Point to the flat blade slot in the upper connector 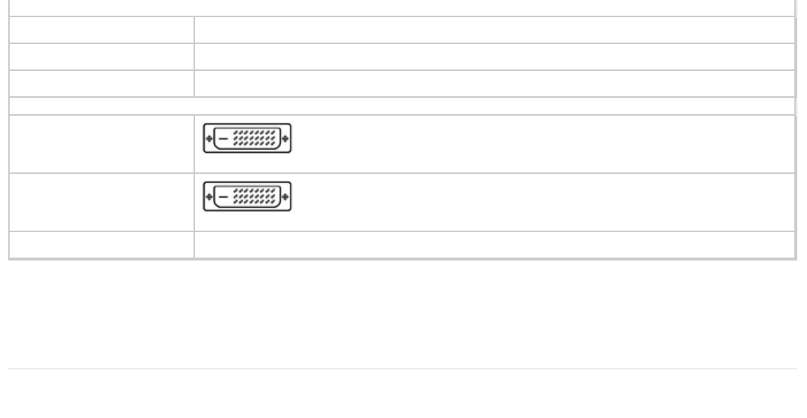[223, 139]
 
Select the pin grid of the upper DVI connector [256, 139]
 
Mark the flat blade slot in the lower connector [223, 197]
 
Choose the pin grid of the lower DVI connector [256, 197]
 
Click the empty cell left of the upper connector [102, 143]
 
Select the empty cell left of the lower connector [102, 202]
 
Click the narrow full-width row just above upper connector [402, 106]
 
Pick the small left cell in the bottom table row [102, 245]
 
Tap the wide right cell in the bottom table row [494, 245]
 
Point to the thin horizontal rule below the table [402, 368]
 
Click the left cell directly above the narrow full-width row [102, 84]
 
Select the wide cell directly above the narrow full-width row [494, 84]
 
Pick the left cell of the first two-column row [102, 30]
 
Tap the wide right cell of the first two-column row [494, 30]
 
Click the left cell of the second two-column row [102, 57]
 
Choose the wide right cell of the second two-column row [494, 57]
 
